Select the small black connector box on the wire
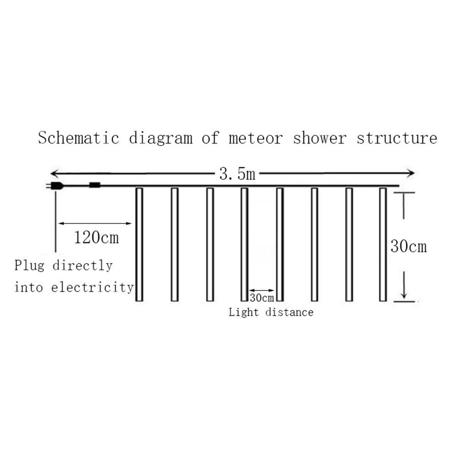pos(94,185)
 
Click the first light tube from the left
pos(140,244)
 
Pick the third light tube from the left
pos(210,244)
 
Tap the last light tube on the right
pos(383,244)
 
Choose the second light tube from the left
pos(174,244)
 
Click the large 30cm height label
pos(409,247)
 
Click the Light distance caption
pos(271,313)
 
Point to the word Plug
pos(29,265)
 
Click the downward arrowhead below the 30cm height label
pos(404,293)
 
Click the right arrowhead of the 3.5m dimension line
pos(411,173)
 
